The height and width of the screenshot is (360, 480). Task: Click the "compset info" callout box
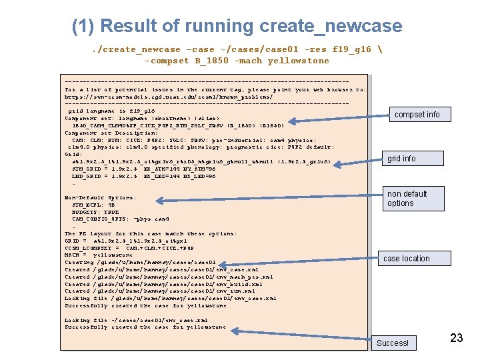(417, 115)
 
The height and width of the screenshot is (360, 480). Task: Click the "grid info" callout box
(401, 158)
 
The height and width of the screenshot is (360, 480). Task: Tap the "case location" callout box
(406, 259)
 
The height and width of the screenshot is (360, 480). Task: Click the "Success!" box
(393, 343)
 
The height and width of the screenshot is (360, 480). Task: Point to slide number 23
(456, 338)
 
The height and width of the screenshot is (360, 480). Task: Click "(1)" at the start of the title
(85, 27)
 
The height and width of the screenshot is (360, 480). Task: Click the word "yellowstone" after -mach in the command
(298, 61)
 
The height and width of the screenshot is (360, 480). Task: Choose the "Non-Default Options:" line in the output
(100, 198)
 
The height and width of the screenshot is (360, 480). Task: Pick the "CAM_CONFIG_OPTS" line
(121, 219)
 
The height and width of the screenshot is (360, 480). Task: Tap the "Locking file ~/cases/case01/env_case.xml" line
(136, 320)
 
